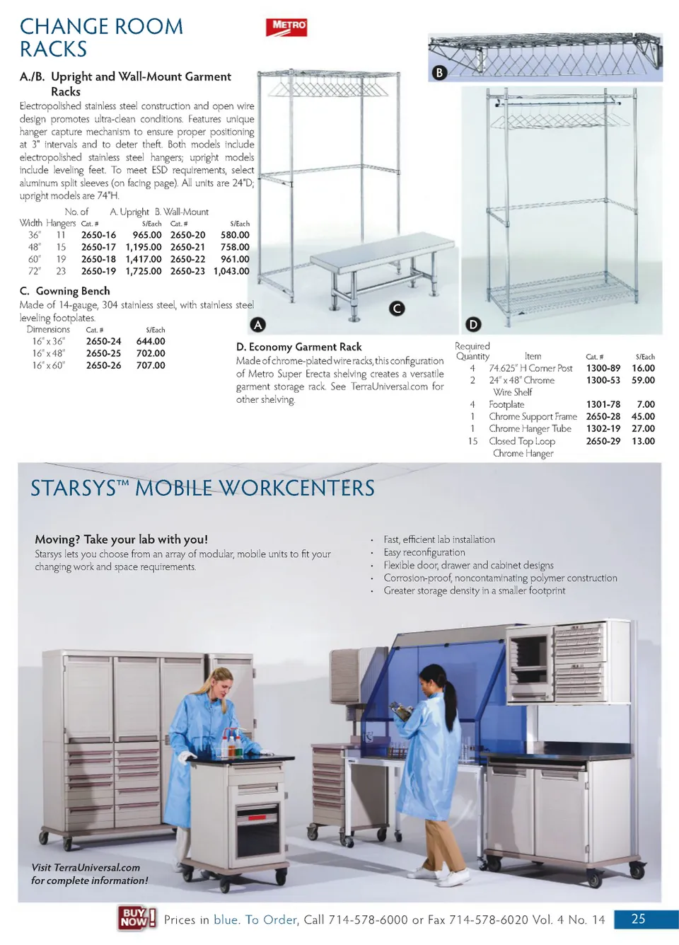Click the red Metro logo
click(286, 27)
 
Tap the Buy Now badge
click(136, 917)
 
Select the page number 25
click(638, 919)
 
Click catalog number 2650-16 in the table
click(98, 235)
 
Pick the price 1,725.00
click(144, 271)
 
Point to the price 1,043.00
click(231, 271)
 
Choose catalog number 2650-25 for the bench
click(103, 353)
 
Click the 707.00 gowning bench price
click(151, 365)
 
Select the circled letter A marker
click(258, 324)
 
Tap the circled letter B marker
click(439, 72)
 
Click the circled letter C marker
click(397, 308)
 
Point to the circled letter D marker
click(473, 324)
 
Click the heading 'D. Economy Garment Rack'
click(298, 347)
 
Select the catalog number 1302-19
click(603, 428)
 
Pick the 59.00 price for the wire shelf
click(643, 380)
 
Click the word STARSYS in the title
click(74, 488)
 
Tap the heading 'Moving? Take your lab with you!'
click(121, 539)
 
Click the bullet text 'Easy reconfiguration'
click(424, 552)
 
